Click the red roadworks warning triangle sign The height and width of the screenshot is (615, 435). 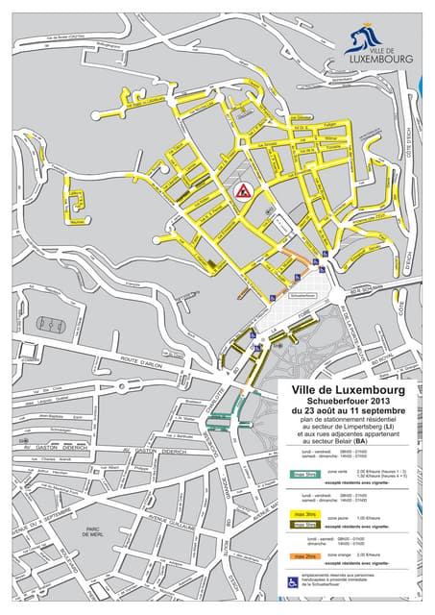coord(243,190)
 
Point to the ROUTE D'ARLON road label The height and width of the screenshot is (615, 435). coord(137,363)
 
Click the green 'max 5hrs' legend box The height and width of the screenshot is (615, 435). coord(306,474)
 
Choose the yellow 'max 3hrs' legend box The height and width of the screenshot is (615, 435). coord(306,515)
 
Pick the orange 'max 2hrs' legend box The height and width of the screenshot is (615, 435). coord(306,555)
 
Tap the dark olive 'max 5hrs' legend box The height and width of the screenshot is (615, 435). coord(306,525)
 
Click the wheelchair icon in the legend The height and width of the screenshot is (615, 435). coord(294,581)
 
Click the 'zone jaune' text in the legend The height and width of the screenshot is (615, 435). coord(339,515)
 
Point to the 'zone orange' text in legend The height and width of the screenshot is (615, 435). coord(341,555)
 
